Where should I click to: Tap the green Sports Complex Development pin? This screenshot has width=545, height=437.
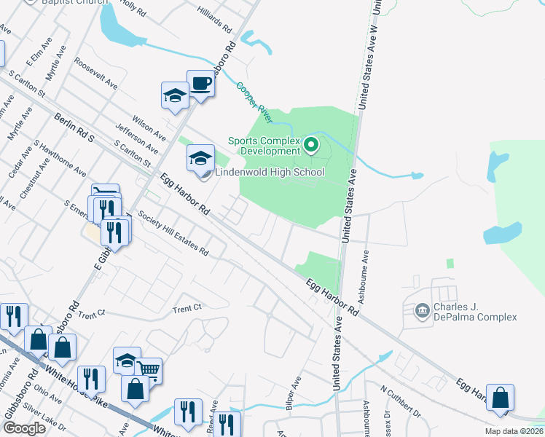coord(312,145)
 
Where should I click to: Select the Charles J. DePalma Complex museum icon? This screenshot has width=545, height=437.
coord(422,312)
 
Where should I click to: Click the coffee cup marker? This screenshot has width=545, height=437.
coord(200,84)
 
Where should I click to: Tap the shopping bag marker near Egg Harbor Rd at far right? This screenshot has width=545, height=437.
coord(500,398)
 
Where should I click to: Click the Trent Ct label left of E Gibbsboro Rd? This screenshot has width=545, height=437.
coord(91,314)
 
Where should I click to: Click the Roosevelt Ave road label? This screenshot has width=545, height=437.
coord(95,75)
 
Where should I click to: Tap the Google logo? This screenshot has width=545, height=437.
coord(24,428)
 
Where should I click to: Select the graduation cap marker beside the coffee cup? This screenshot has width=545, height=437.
coord(175,95)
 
